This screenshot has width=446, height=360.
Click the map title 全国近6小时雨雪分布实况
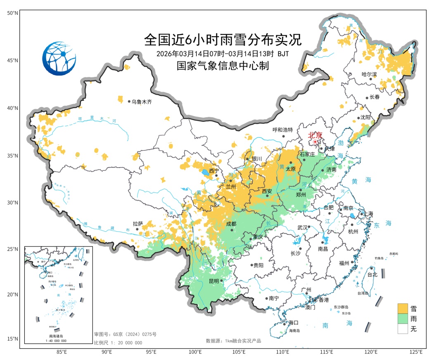point(223,40)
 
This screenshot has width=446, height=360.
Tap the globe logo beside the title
point(59,58)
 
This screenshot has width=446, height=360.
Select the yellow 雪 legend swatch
point(403,308)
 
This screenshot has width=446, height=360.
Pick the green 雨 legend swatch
point(403,319)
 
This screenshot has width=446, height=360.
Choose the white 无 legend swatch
point(403,329)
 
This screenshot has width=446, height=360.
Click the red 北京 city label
point(317,135)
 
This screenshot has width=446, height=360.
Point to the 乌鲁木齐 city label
point(142,102)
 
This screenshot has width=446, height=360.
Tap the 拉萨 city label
point(138,223)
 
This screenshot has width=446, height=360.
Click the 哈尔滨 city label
point(369,74)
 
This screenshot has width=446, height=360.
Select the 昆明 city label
point(214,281)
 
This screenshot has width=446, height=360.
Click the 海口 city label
point(293,322)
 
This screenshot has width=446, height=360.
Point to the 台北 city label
point(372,274)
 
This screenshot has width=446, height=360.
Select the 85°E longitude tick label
point(62,352)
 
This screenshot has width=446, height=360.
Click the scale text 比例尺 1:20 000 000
point(118,343)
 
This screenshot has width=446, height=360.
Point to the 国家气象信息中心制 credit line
point(223,65)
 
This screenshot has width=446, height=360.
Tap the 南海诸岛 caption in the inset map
point(55,337)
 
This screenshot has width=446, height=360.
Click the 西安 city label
point(267,191)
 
